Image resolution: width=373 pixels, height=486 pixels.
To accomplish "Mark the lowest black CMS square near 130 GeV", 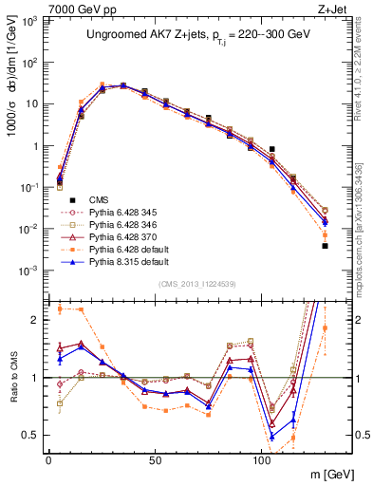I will click(325, 246).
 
